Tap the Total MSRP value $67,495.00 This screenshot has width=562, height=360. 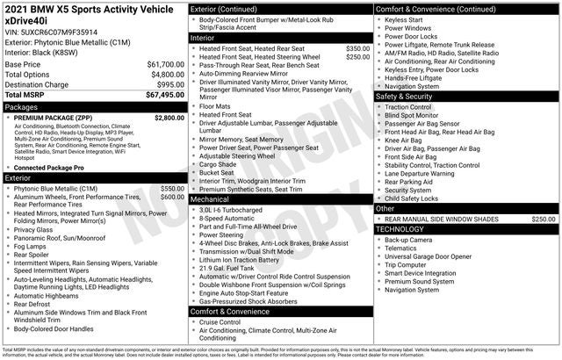click(163, 96)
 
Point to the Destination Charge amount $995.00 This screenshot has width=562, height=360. click(169, 85)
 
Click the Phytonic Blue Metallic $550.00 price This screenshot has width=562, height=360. click(172, 188)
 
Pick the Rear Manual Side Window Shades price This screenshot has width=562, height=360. click(544, 219)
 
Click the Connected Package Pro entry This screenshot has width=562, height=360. click(49, 168)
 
